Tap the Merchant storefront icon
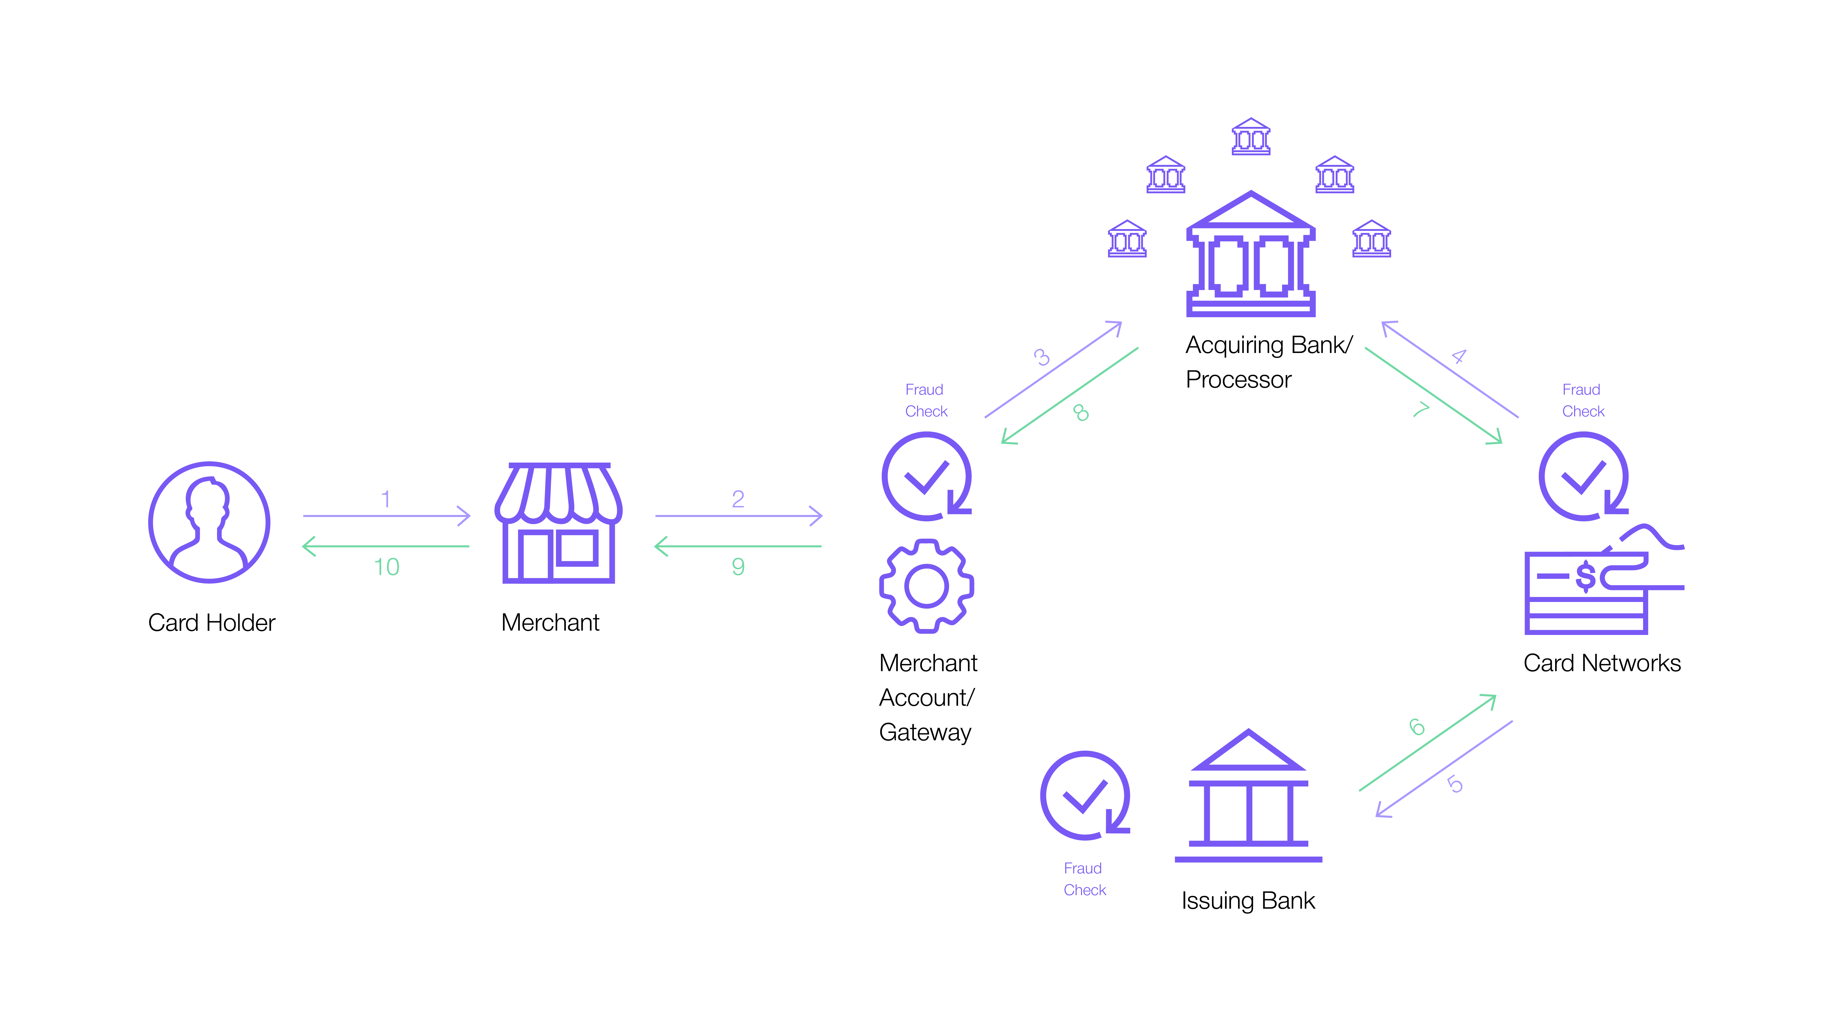pos(559,523)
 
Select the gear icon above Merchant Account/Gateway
pos(926,586)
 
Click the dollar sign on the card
pos(1585,576)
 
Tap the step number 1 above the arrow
pos(386,499)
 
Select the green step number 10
pos(386,567)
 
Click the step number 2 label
pos(738,499)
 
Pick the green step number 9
pos(738,567)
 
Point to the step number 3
pos(1042,356)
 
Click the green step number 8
pos(1081,413)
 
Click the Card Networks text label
pos(1602,663)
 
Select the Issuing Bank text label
pos(1248,901)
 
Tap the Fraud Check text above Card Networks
pos(1583,401)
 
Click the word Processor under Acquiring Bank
pos(1238,380)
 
